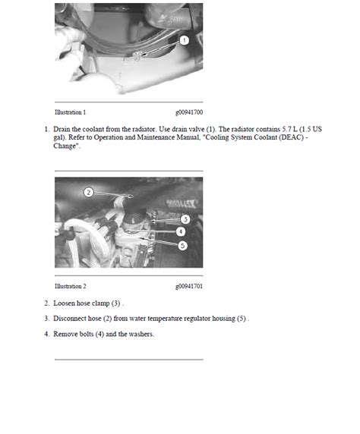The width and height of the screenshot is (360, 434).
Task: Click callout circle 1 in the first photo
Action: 185,40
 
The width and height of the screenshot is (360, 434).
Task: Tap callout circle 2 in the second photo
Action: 88,192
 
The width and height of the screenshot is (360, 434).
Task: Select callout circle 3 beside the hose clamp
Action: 185,219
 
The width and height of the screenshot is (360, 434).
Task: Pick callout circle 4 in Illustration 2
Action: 181,231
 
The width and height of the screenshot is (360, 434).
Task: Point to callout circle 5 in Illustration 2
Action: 182,245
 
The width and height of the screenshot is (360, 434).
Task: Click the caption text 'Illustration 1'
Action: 71,112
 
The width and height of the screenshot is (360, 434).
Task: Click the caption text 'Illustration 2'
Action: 71,286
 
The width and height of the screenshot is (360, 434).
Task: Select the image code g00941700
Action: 189,112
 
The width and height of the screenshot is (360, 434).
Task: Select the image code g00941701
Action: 189,286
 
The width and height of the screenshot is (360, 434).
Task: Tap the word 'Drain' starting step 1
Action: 62,129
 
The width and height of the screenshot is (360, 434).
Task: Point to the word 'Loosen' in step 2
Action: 64,303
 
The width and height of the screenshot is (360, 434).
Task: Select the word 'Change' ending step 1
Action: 65,146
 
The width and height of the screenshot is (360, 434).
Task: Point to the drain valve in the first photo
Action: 136,56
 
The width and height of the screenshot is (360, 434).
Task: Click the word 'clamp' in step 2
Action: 101,303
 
